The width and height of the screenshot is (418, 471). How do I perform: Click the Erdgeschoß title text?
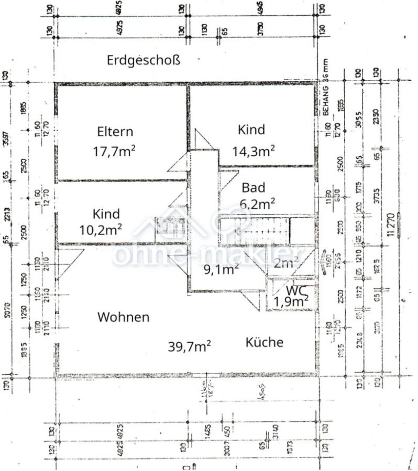click(x=143, y=60)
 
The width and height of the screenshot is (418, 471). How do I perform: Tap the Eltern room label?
click(x=115, y=131)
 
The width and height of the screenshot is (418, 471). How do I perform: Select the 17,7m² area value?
click(x=114, y=151)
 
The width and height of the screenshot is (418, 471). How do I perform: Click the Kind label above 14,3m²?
click(x=251, y=129)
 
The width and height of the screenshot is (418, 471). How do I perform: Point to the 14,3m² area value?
click(x=254, y=151)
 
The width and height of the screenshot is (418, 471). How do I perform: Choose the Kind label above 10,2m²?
click(x=106, y=214)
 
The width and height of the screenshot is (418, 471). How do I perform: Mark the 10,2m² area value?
click(x=101, y=228)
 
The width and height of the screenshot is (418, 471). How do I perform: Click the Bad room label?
click(x=254, y=187)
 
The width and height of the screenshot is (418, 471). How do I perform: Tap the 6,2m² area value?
click(x=258, y=201)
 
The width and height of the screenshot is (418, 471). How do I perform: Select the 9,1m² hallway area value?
click(x=221, y=269)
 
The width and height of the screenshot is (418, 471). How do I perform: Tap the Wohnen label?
click(x=123, y=317)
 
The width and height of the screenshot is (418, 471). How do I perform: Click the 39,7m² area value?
click(x=190, y=345)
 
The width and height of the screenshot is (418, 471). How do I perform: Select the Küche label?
click(x=265, y=342)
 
